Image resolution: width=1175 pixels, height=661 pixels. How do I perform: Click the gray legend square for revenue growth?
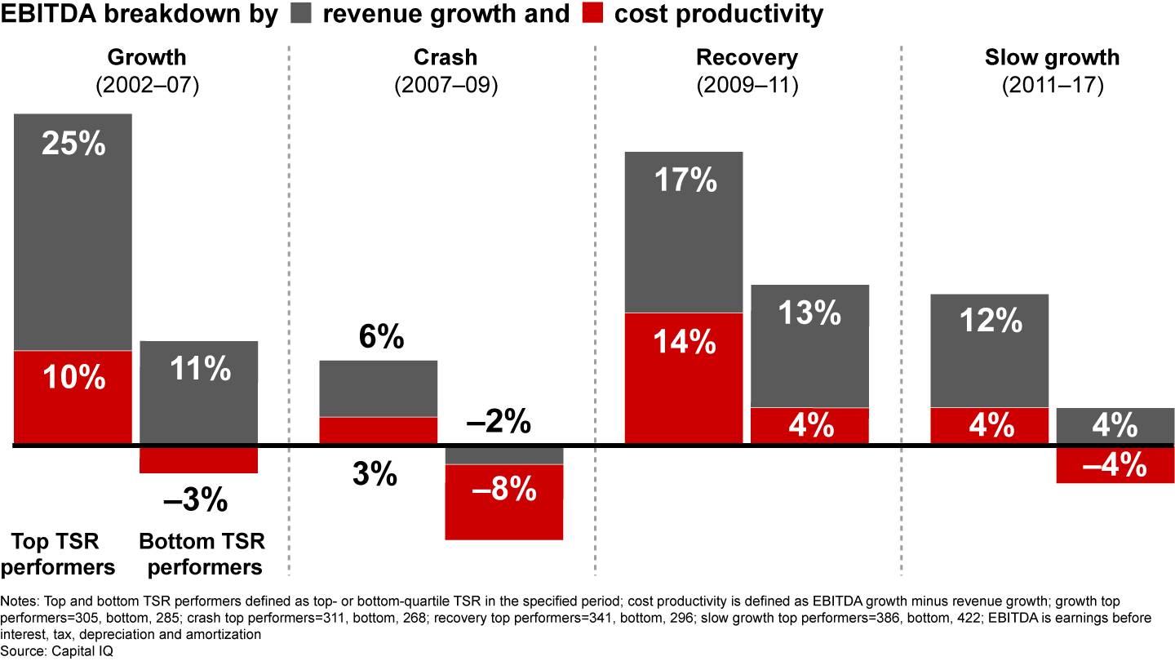299,14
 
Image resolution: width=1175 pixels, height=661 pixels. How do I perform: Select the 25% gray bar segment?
73,232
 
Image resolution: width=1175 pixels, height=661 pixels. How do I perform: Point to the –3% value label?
196,500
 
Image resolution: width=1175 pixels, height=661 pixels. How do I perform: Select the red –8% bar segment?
504,501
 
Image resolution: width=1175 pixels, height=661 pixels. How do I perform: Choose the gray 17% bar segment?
684,232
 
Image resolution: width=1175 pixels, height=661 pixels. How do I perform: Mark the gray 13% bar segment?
809,346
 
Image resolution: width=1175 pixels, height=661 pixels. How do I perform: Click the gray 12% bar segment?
990,350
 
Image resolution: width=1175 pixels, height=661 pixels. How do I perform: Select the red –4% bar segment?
1115,465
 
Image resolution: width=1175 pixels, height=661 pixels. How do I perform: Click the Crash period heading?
445,58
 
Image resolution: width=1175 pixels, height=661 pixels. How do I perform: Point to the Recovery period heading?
747,58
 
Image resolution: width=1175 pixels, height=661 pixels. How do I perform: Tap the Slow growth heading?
1052,58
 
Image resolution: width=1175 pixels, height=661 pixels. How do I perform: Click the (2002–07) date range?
147,86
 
